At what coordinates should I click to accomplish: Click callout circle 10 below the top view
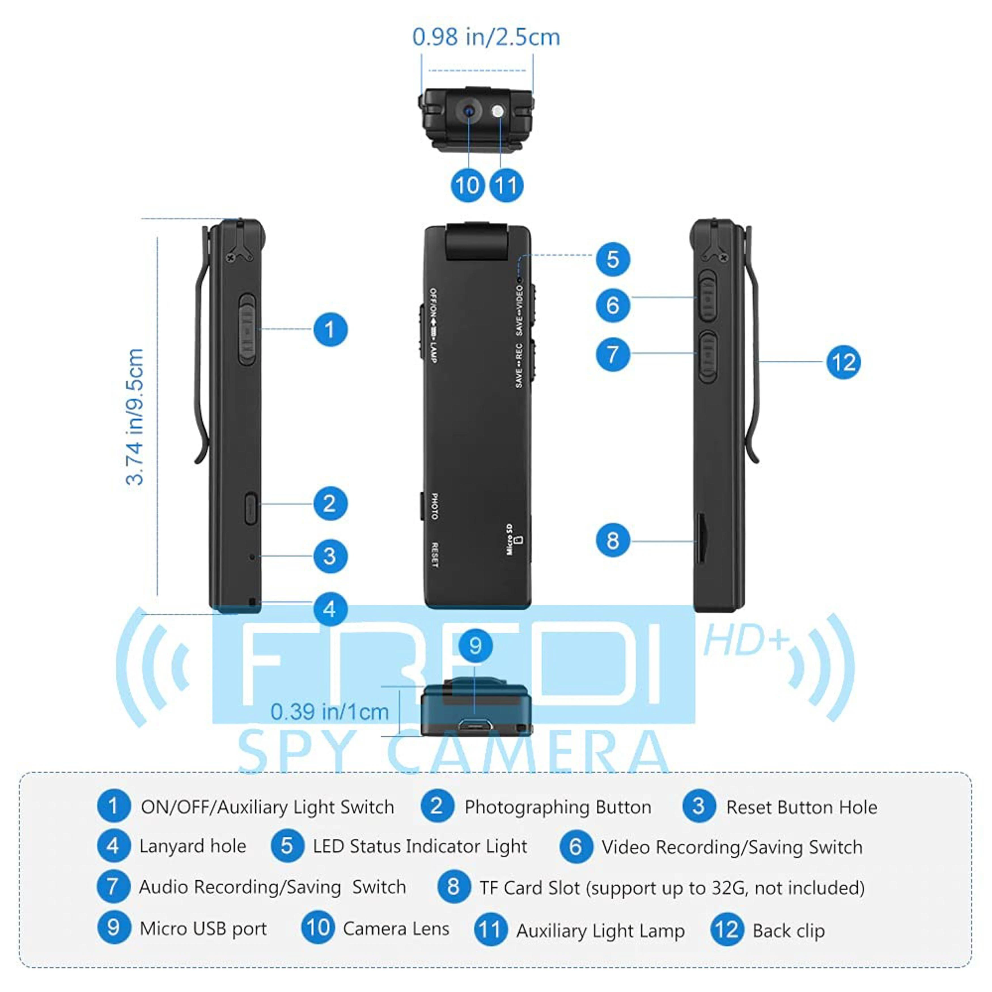468,185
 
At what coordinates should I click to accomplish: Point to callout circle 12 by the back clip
843,363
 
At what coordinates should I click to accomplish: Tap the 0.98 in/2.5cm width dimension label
486,37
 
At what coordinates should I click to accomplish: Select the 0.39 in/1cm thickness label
329,712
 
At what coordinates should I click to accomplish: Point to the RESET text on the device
434,555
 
